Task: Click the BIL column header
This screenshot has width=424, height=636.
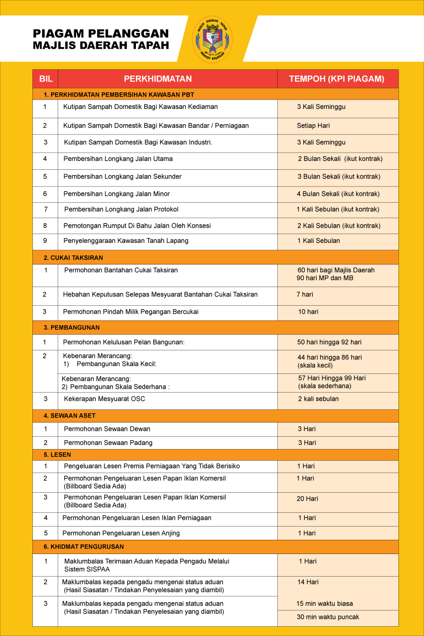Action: pyautogui.click(x=46, y=79)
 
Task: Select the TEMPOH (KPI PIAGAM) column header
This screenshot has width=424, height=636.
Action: pyautogui.click(x=337, y=79)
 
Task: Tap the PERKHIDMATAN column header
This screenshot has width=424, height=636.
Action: pyautogui.click(x=158, y=79)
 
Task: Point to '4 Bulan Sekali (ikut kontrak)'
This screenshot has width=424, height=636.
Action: pyautogui.click(x=338, y=194)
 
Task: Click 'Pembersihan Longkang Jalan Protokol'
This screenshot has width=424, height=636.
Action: pyautogui.click(x=121, y=210)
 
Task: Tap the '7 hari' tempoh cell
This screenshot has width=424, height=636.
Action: pyautogui.click(x=305, y=294)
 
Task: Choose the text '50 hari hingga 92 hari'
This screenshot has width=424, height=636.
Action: pyautogui.click(x=329, y=342)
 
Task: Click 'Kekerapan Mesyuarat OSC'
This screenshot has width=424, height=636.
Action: pyautogui.click(x=105, y=399)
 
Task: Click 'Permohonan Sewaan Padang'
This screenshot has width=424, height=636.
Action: pyautogui.click(x=108, y=443)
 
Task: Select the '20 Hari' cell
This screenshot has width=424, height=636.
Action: pyautogui.click(x=307, y=499)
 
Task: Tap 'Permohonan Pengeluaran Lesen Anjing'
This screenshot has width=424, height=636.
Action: pyautogui.click(x=121, y=533)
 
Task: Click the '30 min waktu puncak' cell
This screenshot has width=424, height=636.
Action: pyautogui.click(x=328, y=617)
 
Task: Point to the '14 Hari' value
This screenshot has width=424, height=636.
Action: pyautogui.click(x=308, y=582)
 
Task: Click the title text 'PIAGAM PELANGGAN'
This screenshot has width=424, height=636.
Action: pyautogui.click(x=101, y=33)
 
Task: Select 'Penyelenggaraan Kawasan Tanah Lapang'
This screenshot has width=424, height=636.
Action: pyautogui.click(x=126, y=241)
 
